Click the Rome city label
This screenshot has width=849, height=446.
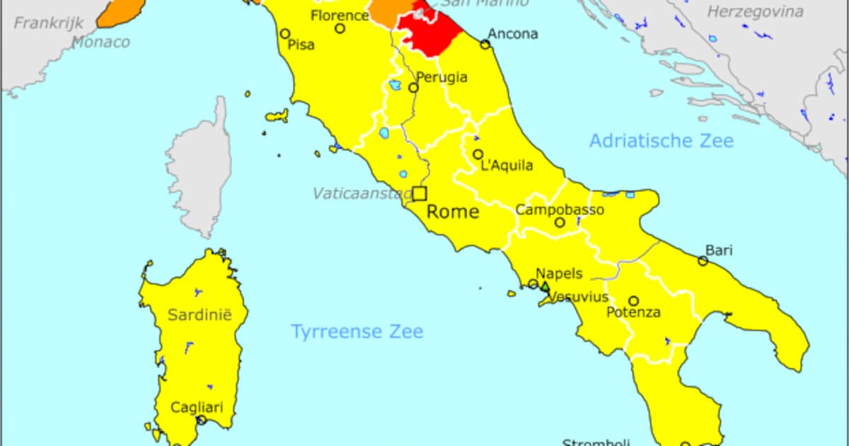point(453,212)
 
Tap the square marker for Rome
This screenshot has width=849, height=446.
point(420,193)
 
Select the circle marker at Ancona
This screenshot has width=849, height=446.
point(485,44)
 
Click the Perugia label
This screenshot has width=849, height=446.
point(442,76)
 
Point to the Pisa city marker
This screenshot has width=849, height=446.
point(285,33)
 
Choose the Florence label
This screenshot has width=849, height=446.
point(340,15)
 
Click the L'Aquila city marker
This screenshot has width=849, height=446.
point(478,154)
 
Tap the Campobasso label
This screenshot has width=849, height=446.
point(560,210)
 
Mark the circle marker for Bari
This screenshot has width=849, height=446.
point(703,261)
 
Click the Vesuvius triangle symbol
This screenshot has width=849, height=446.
point(545,287)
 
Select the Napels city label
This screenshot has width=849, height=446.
point(559,273)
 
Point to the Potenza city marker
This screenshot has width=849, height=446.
point(634,301)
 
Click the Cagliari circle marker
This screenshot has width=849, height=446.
point(201,420)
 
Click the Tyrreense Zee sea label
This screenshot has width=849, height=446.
point(357,331)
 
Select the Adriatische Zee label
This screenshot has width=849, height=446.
point(662,140)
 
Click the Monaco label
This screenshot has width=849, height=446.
point(100,42)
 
